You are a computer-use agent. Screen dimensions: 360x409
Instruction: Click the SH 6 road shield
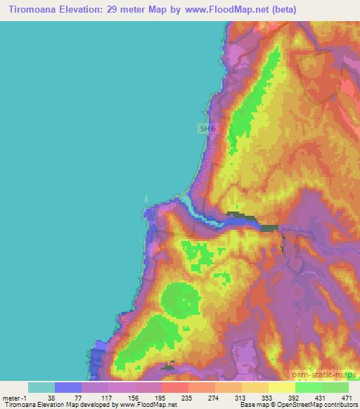[x=205, y=129]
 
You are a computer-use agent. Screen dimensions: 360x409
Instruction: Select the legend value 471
[x=347, y=397]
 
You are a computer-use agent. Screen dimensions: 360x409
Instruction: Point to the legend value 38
[x=55, y=397]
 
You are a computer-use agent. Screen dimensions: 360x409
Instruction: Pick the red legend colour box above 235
[x=175, y=387]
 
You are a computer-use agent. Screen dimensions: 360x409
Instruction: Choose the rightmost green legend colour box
[x=335, y=387]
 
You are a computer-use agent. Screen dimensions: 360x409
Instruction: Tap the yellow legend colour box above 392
[x=282, y=387]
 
